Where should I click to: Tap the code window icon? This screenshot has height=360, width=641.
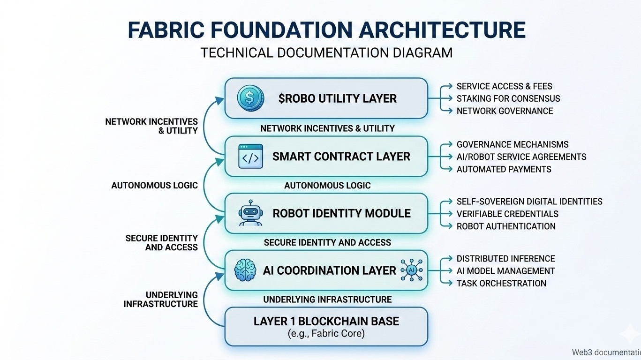(250, 157)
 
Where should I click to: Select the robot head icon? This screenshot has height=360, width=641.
(250, 213)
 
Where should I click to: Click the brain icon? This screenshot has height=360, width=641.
(245, 270)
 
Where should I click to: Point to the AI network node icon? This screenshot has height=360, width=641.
(412, 270)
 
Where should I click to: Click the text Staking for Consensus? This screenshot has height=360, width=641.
(508, 98)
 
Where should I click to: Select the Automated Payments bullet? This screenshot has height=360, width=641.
(504, 169)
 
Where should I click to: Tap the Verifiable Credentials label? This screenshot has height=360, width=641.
(507, 214)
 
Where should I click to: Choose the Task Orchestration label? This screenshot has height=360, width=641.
(501, 283)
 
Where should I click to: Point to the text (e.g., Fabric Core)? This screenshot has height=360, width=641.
(326, 334)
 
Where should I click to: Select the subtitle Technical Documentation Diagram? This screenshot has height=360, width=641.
(326, 52)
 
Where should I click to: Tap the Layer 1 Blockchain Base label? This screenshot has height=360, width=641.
(326, 321)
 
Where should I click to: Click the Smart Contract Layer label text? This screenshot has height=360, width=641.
(341, 157)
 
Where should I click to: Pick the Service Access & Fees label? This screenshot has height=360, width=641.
(504, 86)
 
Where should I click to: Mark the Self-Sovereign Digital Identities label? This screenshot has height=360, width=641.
(529, 202)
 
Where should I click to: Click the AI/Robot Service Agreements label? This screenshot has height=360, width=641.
(521, 157)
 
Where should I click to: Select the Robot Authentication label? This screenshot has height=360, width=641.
(506, 226)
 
